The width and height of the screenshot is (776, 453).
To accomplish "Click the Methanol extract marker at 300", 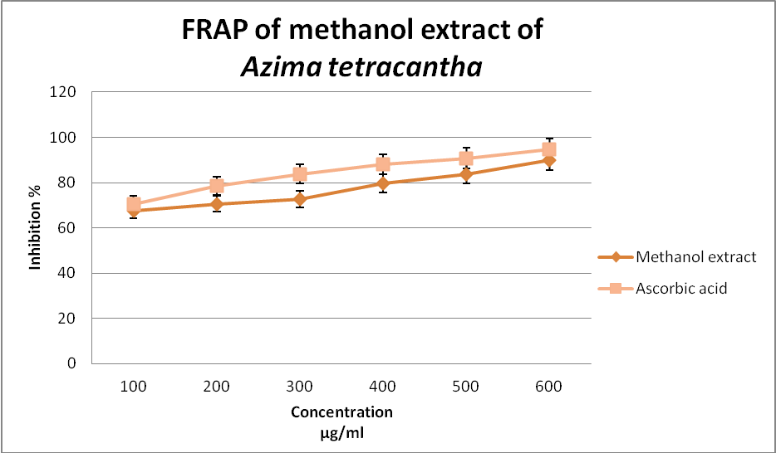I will pyautogui.click(x=299, y=199).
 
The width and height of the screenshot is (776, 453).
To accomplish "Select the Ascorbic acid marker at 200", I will pyautogui.click(x=217, y=186).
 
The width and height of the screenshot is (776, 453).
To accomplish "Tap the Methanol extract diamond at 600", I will pyautogui.click(x=548, y=160).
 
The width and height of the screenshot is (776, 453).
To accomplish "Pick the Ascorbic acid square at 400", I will pyautogui.click(x=382, y=164).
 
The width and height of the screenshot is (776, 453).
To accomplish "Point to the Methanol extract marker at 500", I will pyautogui.click(x=465, y=174).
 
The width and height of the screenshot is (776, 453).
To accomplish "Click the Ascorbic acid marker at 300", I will pyautogui.click(x=299, y=174).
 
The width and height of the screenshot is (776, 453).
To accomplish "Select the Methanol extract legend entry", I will pyautogui.click(x=695, y=256).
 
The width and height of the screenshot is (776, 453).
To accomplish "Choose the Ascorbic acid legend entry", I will pyautogui.click(x=681, y=289).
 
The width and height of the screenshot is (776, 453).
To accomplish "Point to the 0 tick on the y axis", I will pyautogui.click(x=77, y=363).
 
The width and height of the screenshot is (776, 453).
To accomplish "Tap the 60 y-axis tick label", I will pyautogui.click(x=74, y=228).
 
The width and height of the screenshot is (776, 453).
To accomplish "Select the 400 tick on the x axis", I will pyautogui.click(x=382, y=387).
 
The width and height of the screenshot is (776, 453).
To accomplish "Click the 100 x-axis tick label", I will pyautogui.click(x=133, y=387).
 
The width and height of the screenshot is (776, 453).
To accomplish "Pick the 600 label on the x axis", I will pyautogui.click(x=548, y=387).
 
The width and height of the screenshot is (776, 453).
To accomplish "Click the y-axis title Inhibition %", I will pyautogui.click(x=36, y=228).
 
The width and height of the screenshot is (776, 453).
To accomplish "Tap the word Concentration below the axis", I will pyautogui.click(x=341, y=412).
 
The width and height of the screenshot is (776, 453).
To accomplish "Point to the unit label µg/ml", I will pyautogui.click(x=341, y=431).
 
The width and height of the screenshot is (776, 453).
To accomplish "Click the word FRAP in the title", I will pyautogui.click(x=217, y=32).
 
